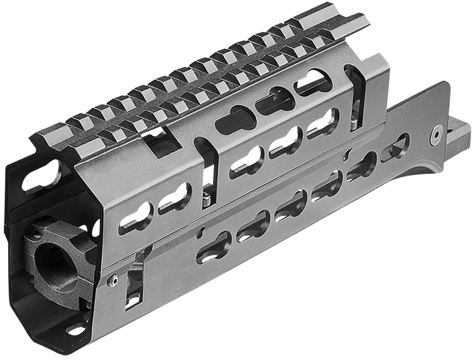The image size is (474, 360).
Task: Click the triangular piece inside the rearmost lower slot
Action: [392, 147]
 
